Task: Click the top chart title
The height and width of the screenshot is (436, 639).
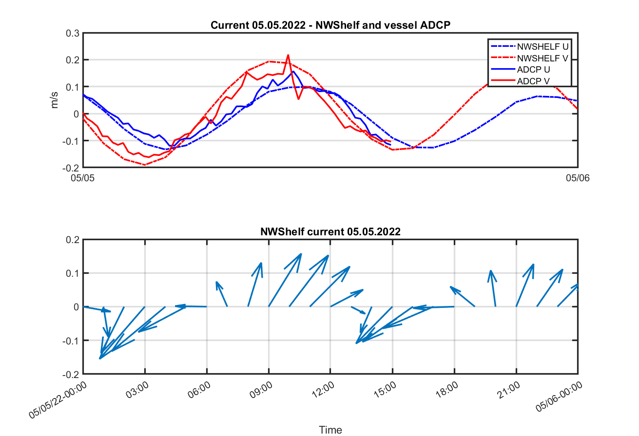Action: click(x=330, y=25)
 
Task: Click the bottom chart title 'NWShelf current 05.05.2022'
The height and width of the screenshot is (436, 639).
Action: click(x=330, y=232)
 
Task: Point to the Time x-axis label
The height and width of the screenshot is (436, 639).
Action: click(x=330, y=430)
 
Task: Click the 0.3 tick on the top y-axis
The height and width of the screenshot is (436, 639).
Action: click(x=73, y=33)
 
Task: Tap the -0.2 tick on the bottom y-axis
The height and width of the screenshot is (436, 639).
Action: click(x=70, y=374)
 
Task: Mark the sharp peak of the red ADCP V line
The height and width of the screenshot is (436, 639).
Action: click(x=288, y=55)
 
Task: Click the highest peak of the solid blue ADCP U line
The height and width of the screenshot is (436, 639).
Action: click(x=293, y=71)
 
